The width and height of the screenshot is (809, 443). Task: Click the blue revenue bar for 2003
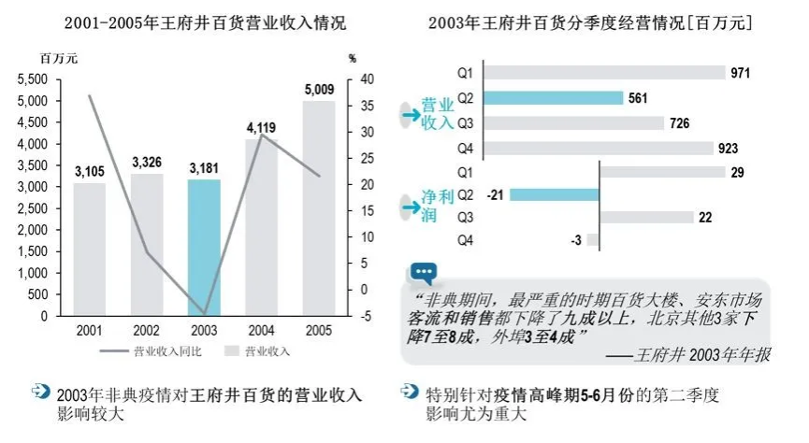[204, 248]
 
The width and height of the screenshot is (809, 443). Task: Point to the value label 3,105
[90, 171]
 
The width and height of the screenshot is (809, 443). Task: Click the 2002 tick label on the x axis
[147, 330]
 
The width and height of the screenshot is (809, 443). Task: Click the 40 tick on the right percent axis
[368, 79]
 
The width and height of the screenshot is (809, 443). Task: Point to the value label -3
[576, 240]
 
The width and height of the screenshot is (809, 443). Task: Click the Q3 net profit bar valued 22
[645, 217]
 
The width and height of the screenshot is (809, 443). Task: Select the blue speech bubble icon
[423, 273]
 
